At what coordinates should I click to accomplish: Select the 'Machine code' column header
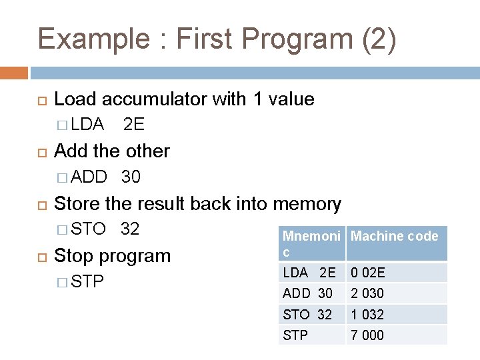pyautogui.click(x=395, y=236)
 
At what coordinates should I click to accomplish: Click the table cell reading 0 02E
pyautogui.click(x=368, y=273)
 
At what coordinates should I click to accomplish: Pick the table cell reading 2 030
pyautogui.click(x=368, y=293)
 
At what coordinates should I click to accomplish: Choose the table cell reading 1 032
pyautogui.click(x=368, y=315)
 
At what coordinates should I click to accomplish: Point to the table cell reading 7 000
pyautogui.click(x=368, y=335)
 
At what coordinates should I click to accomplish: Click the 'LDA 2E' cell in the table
pyautogui.click(x=309, y=273)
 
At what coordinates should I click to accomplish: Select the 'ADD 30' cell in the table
pyautogui.click(x=308, y=293)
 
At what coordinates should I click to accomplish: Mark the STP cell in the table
pyautogui.click(x=296, y=335)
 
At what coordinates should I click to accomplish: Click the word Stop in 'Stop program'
pyautogui.click(x=71, y=256)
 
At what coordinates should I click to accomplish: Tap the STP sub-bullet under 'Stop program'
pyautogui.click(x=87, y=282)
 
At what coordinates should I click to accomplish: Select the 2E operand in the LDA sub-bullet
pyautogui.click(x=134, y=125)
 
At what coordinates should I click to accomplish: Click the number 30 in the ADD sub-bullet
pyautogui.click(x=131, y=177)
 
